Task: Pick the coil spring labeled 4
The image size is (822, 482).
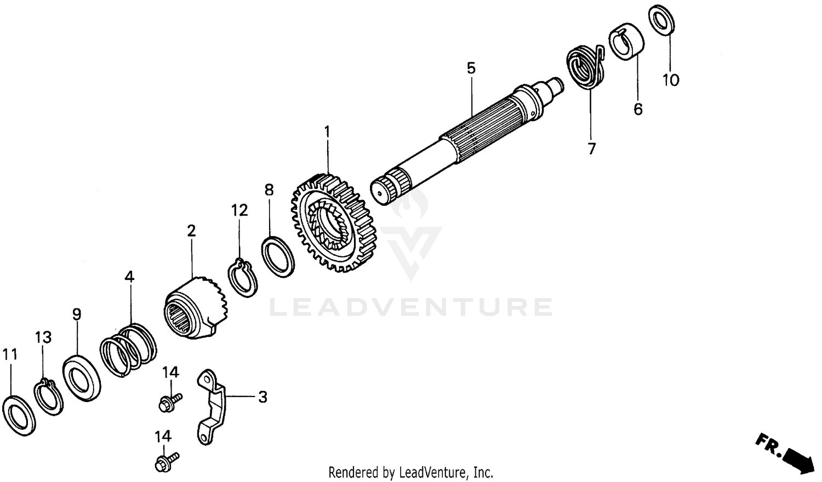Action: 128,351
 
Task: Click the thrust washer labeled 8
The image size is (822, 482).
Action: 277,257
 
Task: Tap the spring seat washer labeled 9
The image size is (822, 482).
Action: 82,378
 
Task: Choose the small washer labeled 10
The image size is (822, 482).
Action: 662,20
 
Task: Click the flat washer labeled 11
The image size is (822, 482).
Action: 19,414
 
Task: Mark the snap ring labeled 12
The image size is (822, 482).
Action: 242,278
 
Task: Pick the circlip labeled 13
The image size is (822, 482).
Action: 48,397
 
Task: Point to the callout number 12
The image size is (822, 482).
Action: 239,210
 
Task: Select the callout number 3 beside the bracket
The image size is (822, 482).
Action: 262,397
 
